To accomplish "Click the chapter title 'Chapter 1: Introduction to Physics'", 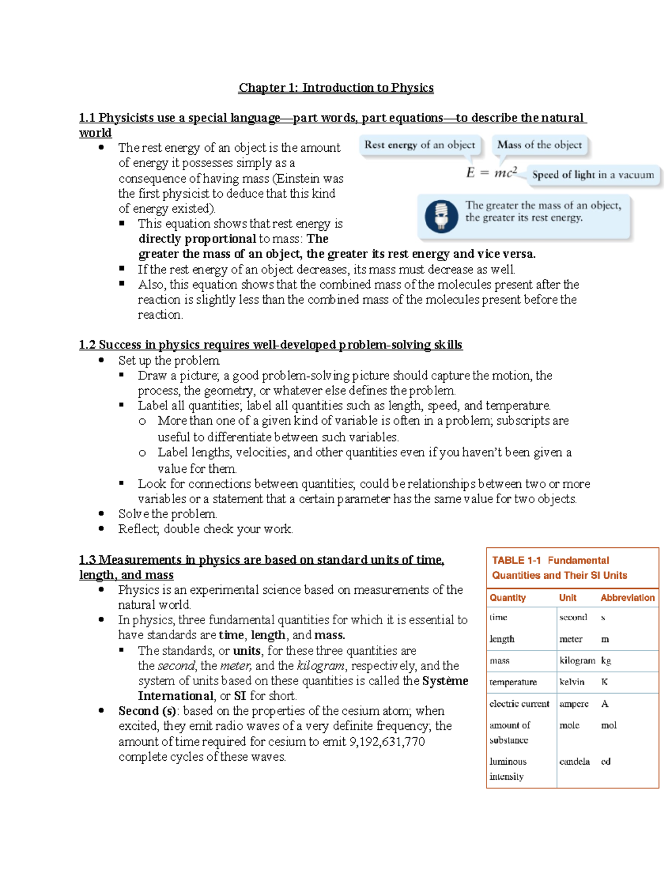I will point(336,88).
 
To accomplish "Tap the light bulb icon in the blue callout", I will point(441,216).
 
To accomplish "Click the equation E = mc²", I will point(492,173).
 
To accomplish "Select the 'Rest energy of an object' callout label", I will point(419,145).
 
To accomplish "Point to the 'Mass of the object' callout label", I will point(539,145).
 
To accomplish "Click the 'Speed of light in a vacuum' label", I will point(592,175).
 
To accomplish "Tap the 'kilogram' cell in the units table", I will point(577,660).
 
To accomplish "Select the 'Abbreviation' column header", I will point(627,598).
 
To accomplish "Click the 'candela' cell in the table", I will point(574,761).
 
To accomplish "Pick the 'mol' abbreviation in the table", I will point(609,725).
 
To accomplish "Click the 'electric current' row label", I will point(519,704).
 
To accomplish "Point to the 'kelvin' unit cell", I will point(572,682).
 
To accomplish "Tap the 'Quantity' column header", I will point(507,598).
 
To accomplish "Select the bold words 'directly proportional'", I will point(197,239).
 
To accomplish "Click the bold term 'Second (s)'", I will point(147,711).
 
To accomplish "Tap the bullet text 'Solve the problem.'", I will point(167,514).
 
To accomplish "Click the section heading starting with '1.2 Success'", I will point(270,345).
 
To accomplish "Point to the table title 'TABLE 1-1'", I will point(516,560).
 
